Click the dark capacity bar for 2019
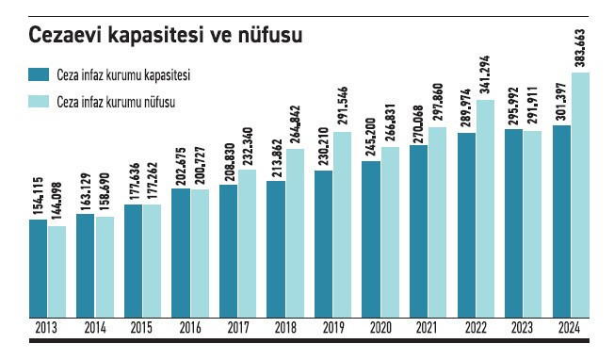click(x=324, y=244)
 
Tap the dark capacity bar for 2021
click(x=419, y=232)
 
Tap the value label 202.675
click(x=182, y=164)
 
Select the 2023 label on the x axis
click(x=523, y=329)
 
